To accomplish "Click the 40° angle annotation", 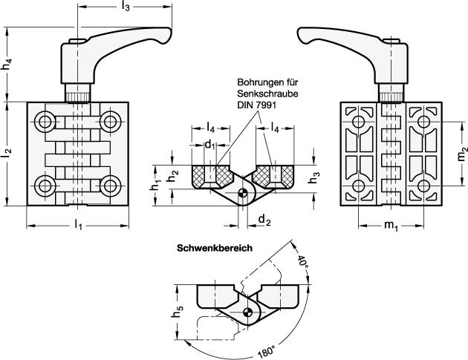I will [303, 262].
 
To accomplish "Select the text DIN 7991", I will [256, 105].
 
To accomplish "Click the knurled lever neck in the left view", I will [79, 94].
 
